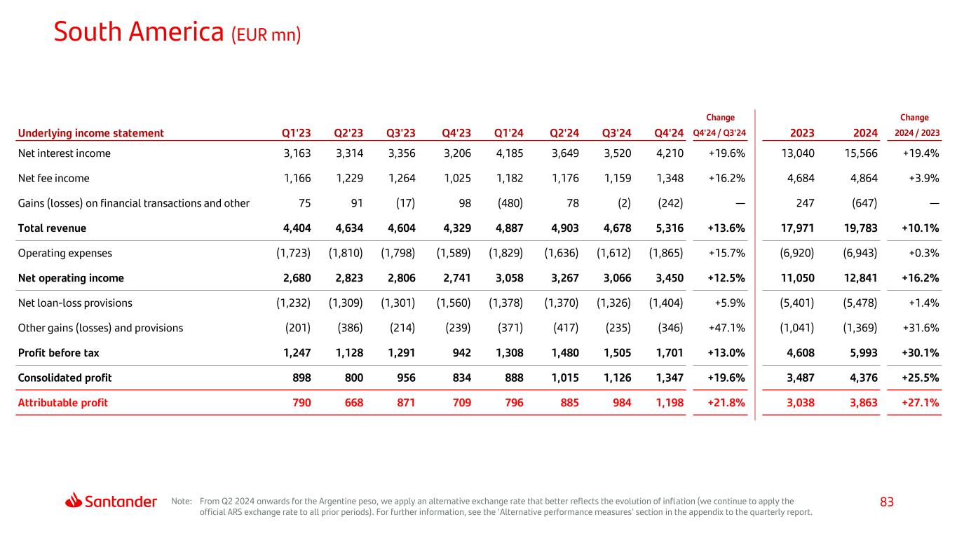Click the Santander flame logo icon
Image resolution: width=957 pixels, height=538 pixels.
click(x=74, y=500)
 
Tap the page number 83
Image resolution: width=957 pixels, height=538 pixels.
click(x=887, y=502)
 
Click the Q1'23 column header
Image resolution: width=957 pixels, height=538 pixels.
click(x=296, y=133)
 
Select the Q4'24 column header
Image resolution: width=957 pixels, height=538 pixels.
click(x=668, y=133)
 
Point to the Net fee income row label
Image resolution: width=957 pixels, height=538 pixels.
click(x=54, y=178)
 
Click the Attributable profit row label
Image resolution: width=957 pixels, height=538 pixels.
click(x=63, y=403)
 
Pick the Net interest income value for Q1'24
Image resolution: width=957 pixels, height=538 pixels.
click(x=510, y=153)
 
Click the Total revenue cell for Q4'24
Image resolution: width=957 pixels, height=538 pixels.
click(x=670, y=228)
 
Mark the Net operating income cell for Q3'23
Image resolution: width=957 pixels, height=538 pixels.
click(x=401, y=278)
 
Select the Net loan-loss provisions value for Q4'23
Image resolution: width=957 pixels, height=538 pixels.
click(x=454, y=303)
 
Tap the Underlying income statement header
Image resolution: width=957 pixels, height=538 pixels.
click(x=91, y=133)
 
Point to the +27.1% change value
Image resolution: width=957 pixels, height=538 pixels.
click(x=921, y=403)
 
